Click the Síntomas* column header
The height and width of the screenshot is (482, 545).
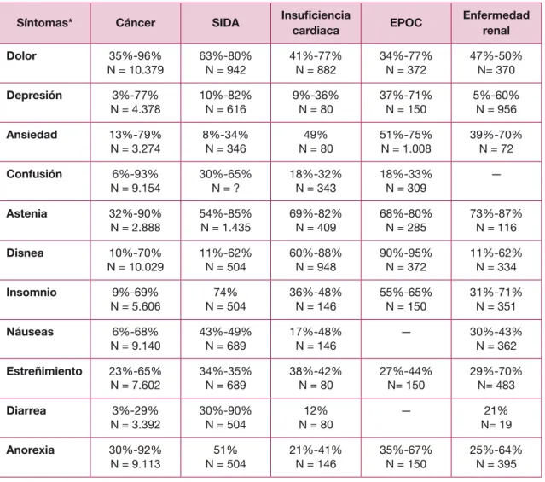click(x=44, y=23)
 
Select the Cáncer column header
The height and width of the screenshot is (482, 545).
click(x=136, y=23)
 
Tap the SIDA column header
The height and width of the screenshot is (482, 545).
click(x=225, y=23)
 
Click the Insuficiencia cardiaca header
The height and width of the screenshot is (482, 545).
click(x=316, y=23)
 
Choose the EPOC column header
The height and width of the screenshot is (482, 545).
click(x=406, y=23)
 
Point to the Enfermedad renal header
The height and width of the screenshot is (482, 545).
click(x=496, y=23)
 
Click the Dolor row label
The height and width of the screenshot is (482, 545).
click(x=21, y=55)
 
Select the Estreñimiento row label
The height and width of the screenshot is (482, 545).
click(x=44, y=371)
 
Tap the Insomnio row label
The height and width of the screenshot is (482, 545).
click(x=32, y=292)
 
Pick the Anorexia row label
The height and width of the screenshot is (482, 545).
click(x=30, y=450)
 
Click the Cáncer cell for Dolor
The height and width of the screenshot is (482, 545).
click(x=136, y=63)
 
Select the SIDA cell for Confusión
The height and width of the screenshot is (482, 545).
click(x=225, y=181)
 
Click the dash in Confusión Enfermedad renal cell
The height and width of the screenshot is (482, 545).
click(x=496, y=175)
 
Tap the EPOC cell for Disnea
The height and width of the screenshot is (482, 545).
click(x=406, y=260)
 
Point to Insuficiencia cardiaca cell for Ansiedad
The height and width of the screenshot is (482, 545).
click(x=316, y=142)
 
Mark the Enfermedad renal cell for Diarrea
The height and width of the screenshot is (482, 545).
click(x=496, y=418)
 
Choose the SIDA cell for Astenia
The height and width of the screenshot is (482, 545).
click(x=225, y=220)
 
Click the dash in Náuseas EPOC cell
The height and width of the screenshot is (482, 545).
click(x=406, y=333)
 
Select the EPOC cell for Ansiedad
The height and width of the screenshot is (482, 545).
click(x=406, y=142)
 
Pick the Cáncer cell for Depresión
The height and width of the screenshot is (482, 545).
click(x=136, y=102)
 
